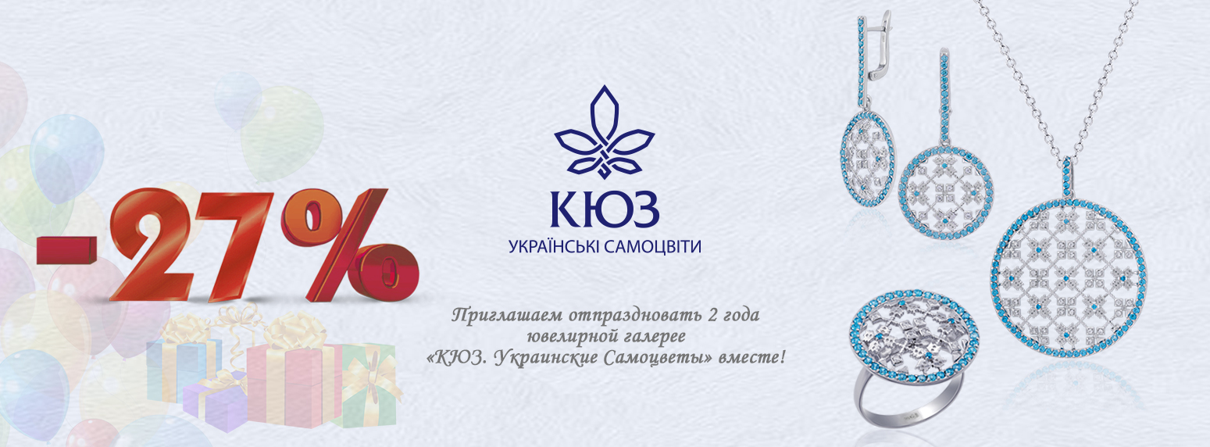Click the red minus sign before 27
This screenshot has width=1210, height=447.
coord(67,251)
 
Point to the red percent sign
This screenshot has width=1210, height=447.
coord(348,245)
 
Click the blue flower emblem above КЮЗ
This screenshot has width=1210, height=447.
coord(605,132)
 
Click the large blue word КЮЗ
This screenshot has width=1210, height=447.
coord(605,209)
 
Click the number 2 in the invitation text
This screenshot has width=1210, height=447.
coord(712,315)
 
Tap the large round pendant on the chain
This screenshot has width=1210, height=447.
coord(1069,279)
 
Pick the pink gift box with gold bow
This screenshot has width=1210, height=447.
coord(291,378)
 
